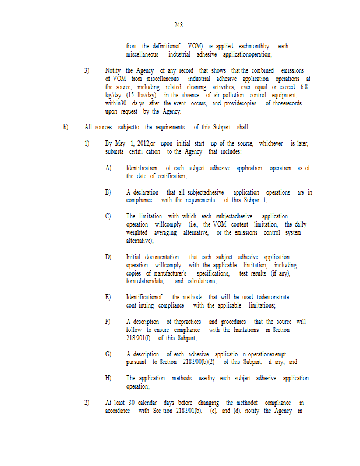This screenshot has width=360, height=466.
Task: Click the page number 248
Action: (x=178, y=25)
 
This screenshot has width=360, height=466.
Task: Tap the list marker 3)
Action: (x=87, y=70)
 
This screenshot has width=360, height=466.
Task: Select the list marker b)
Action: (x=66, y=126)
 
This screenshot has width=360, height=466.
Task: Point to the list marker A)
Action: (x=108, y=168)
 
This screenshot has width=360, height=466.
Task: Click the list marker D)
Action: (x=108, y=257)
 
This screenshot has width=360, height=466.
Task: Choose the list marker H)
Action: (x=108, y=378)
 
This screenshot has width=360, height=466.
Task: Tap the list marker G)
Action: (x=108, y=354)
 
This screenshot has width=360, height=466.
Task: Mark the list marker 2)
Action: (x=87, y=403)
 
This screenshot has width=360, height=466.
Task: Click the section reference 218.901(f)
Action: (x=138, y=337)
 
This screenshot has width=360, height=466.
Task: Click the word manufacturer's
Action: (x=171, y=273)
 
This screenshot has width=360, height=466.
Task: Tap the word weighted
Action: (x=138, y=232)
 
